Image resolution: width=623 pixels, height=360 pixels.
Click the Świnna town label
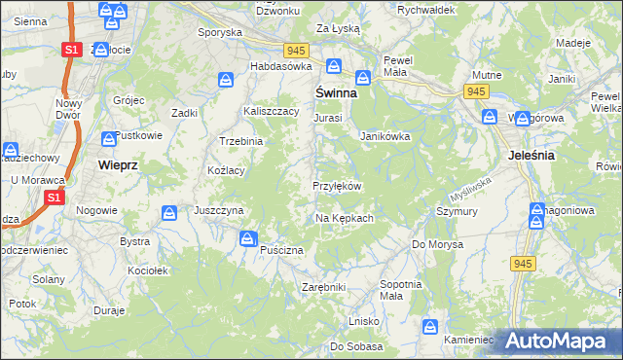[334, 95]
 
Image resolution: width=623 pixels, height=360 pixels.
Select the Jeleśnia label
[531, 155]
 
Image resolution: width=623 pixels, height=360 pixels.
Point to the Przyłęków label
[338, 186]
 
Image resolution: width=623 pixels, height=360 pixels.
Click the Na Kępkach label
[345, 218]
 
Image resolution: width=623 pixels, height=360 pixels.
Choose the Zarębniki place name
[324, 288]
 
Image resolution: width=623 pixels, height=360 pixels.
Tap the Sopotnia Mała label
[399, 289]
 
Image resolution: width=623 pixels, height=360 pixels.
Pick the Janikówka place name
[385, 137]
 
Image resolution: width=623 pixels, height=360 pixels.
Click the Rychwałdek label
[426, 10]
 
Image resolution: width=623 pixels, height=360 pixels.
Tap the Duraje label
[108, 310]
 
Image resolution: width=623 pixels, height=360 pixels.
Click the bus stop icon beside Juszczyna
[169, 211]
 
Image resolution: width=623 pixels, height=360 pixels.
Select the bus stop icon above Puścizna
[249, 237]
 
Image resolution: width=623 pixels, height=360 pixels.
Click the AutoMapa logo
[556, 341]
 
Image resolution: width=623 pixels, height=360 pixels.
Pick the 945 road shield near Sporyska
[297, 49]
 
